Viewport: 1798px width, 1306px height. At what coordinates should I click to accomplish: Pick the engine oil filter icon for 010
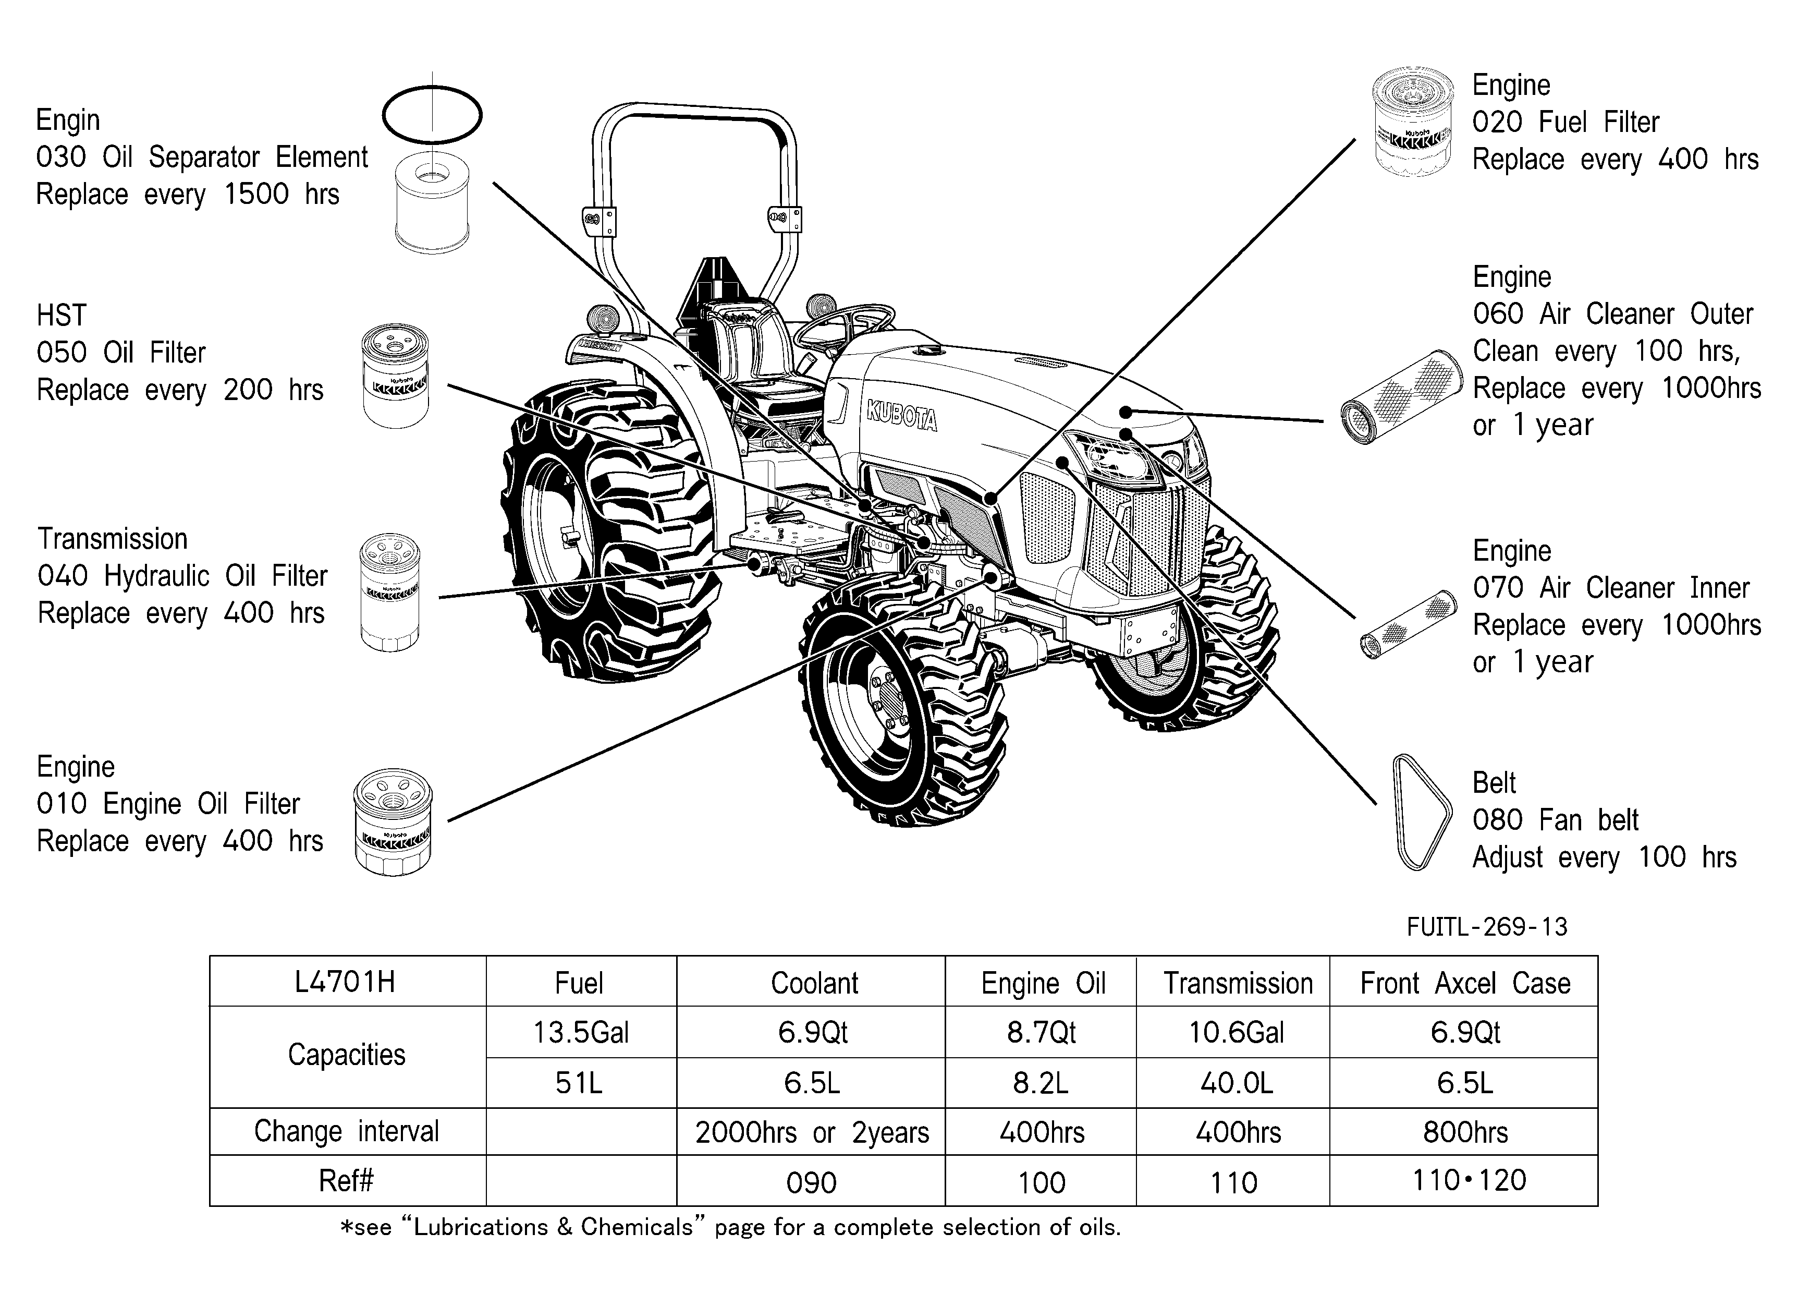(x=393, y=823)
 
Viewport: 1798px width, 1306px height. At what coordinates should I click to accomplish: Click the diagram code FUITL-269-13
(x=1487, y=927)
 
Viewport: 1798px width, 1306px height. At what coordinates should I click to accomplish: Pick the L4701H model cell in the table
(x=345, y=983)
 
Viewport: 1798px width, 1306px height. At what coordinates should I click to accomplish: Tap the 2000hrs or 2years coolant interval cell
(x=812, y=1132)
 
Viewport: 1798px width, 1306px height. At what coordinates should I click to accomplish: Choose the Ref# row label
(x=346, y=1181)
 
